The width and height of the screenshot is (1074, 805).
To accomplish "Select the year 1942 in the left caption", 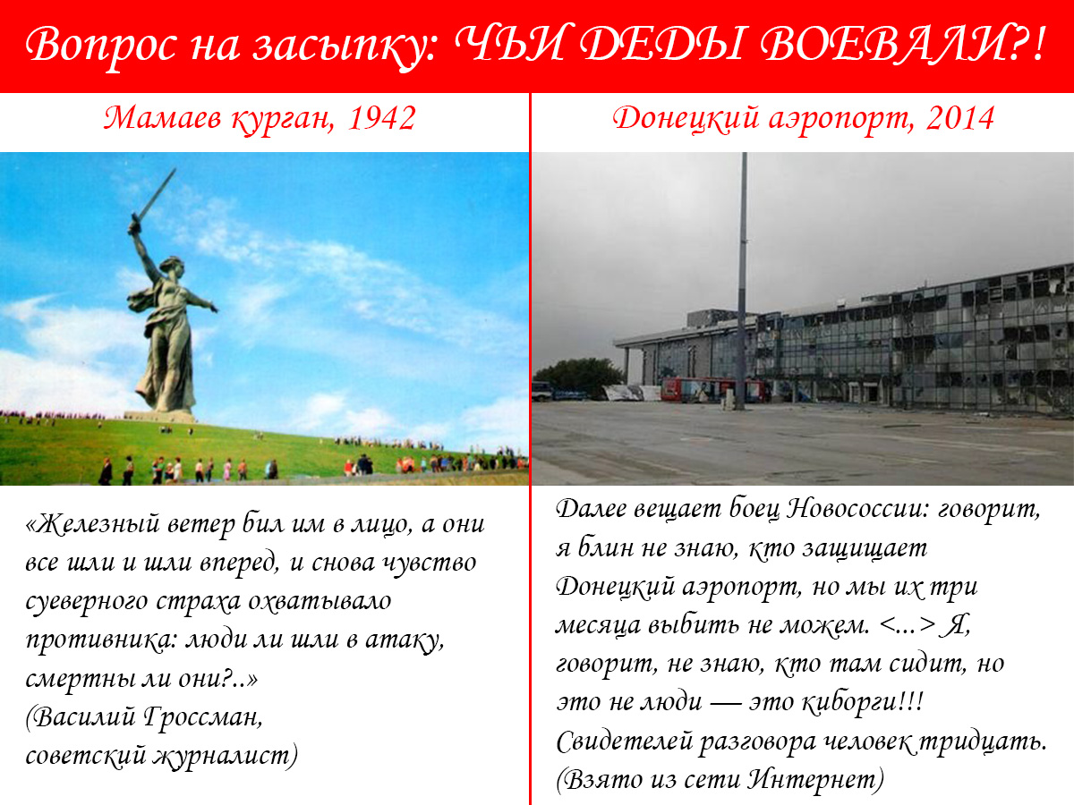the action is pyautogui.click(x=381, y=118).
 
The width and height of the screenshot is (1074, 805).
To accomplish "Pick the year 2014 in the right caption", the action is pyautogui.click(x=960, y=118).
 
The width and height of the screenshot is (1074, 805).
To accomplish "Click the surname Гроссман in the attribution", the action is pyautogui.click(x=203, y=717).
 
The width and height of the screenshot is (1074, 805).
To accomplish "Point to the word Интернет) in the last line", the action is pyautogui.click(x=815, y=780).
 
